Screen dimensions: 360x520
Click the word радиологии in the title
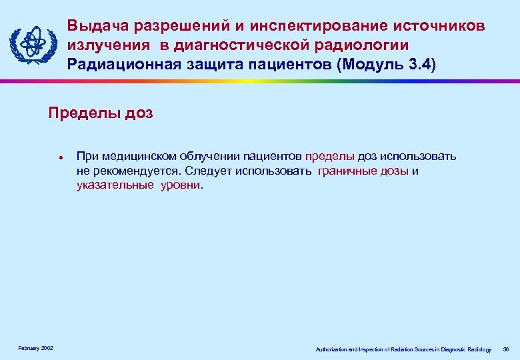pyautogui.click(x=369, y=45)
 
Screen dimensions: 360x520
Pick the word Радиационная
pyautogui.click(x=122, y=64)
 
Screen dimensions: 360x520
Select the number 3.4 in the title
pyautogui.click(x=419, y=64)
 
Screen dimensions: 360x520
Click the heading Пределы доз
pyautogui.click(x=101, y=113)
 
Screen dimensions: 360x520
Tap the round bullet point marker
pyautogui.click(x=60, y=159)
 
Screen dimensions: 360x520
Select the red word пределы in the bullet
pyautogui.click(x=330, y=157)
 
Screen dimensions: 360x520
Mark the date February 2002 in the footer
pyautogui.click(x=36, y=349)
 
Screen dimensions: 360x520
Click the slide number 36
pyautogui.click(x=505, y=349)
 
